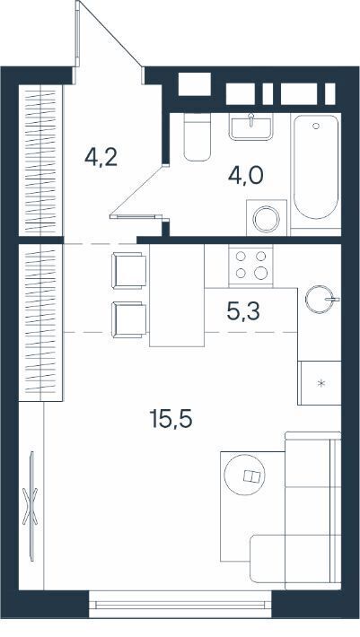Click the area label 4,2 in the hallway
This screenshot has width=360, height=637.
[101, 158]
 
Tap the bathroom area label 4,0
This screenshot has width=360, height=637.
[245, 176]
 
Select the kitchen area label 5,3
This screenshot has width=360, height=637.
[243, 312]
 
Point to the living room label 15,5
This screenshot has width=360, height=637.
[171, 419]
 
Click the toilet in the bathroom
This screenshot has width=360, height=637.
[198, 137]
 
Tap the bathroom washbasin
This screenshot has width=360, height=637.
[250, 127]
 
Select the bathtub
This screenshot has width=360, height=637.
[316, 167]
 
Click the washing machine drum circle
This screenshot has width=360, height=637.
[266, 220]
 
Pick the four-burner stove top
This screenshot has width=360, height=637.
[250, 265]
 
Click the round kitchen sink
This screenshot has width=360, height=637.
[319, 300]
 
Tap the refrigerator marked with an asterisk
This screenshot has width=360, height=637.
[320, 383]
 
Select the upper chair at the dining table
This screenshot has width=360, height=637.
[128, 270]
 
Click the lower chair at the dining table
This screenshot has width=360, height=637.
[128, 319]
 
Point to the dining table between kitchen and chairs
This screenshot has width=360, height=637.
[177, 295]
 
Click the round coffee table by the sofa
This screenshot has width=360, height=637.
[244, 475]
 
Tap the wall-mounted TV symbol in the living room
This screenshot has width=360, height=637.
[31, 506]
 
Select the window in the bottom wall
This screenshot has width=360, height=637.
[180, 605]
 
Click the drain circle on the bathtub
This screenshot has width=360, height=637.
[316, 126]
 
